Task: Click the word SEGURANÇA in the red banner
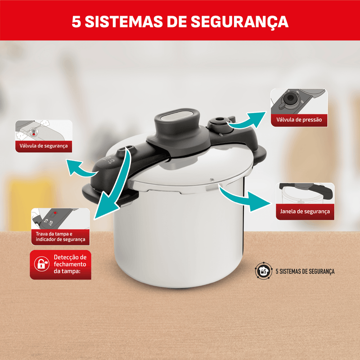[x=239, y=22]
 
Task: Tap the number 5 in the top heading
[x=76, y=22]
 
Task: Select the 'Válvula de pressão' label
[x=299, y=120]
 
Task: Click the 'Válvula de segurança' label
[x=44, y=146]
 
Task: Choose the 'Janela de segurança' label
[x=305, y=211]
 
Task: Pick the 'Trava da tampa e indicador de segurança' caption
[x=60, y=237]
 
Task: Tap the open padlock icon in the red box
[x=41, y=264]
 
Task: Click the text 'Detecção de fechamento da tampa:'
[x=70, y=264]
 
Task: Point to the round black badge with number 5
[x=264, y=271]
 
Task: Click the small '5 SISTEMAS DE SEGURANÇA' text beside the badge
[x=305, y=271]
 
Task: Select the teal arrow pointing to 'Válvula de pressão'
[x=247, y=120]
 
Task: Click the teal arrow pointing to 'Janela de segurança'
[x=244, y=199]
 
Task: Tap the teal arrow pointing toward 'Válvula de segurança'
[x=81, y=169]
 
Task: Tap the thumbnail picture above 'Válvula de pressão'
[x=299, y=101]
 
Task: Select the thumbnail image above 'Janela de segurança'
[x=305, y=193]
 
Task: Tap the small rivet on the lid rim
[x=212, y=179]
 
